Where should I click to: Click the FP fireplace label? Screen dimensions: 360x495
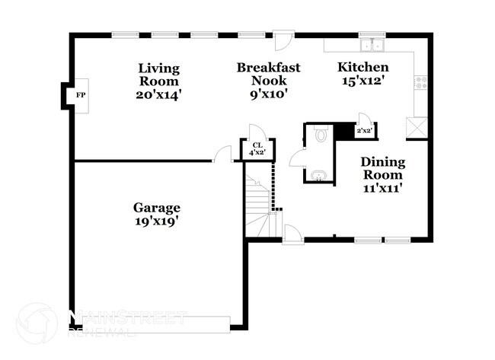[x=80, y=96]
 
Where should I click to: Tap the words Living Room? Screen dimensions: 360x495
[x=158, y=75]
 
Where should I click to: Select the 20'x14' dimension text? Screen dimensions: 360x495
[x=158, y=95]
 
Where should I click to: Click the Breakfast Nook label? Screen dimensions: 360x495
[x=268, y=75]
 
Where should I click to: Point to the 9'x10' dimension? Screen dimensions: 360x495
[x=268, y=95]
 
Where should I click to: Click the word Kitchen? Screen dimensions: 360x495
[x=363, y=67]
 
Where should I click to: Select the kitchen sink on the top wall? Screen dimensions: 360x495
[x=371, y=43]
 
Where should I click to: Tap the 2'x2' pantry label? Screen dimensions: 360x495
[x=365, y=131]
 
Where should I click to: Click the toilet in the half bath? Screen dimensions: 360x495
[x=321, y=135]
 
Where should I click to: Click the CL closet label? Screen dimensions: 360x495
[x=257, y=148]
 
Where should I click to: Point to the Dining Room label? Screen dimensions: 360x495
[x=382, y=169]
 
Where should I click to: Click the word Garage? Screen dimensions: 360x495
[x=157, y=207]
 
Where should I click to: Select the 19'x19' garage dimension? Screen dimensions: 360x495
[x=157, y=221]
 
